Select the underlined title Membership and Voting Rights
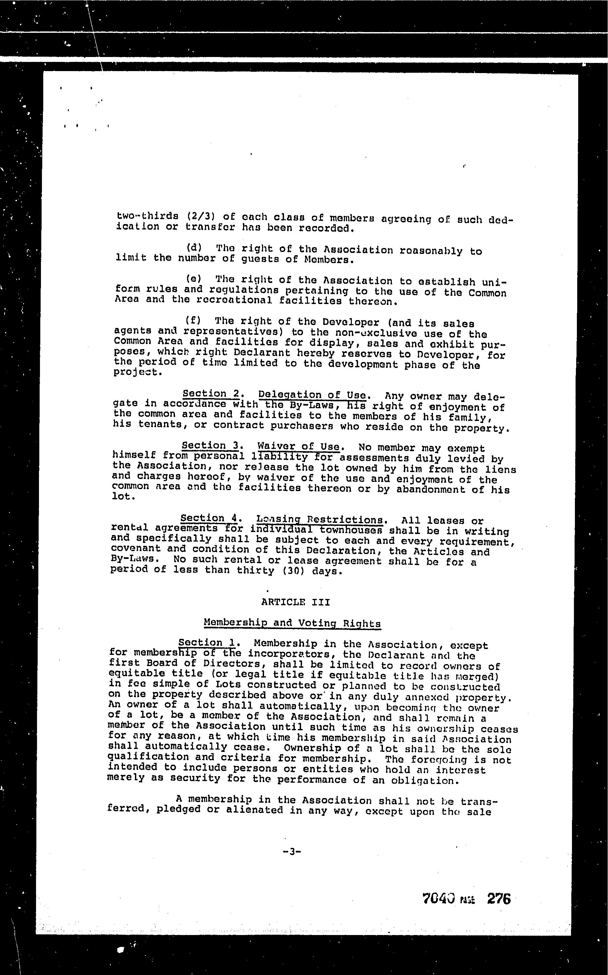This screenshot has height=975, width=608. [x=292, y=623]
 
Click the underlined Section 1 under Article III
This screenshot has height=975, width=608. [x=207, y=642]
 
